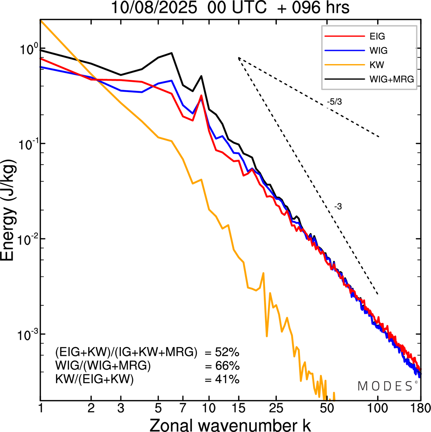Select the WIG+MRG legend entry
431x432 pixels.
[x=392, y=79]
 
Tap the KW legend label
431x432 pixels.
[x=377, y=65]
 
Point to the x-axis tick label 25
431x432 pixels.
[x=276, y=408]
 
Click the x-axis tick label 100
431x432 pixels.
[x=378, y=408]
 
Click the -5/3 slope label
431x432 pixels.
[x=334, y=102]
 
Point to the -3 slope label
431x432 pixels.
[x=338, y=207]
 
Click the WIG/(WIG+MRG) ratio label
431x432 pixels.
[x=103, y=366]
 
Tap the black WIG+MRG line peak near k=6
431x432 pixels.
[x=172, y=53]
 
